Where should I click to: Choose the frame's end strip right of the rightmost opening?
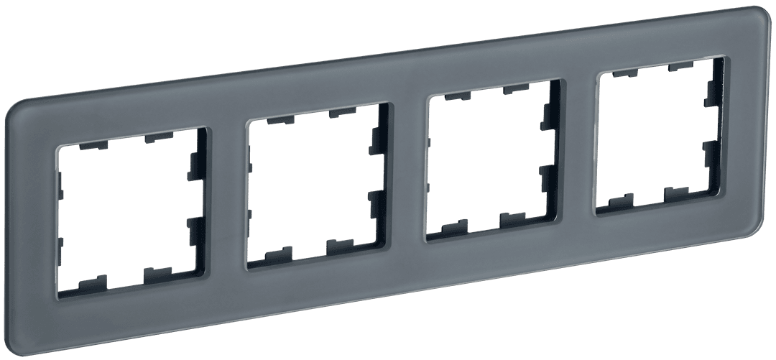click(747, 122)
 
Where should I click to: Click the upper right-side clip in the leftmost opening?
click(195, 162)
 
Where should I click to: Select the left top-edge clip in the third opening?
click(455, 95)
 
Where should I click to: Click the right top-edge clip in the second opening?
click(341, 112)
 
